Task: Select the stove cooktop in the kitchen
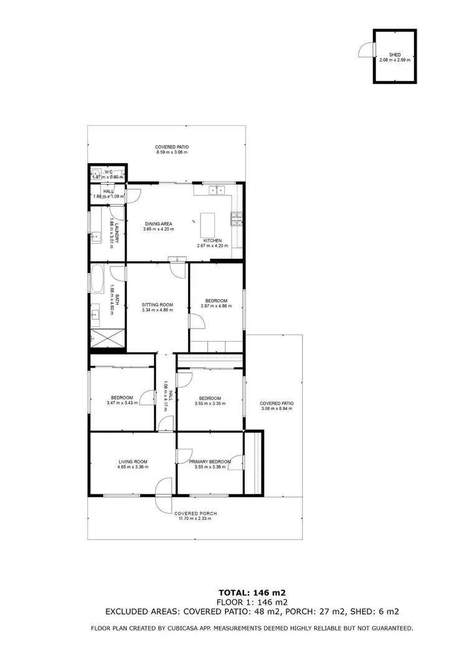(236, 218)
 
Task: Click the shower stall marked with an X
(107, 338)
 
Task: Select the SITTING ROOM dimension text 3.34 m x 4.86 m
(157, 310)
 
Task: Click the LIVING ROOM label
(131, 462)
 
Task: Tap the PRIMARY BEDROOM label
(209, 462)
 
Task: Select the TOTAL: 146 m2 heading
(252, 592)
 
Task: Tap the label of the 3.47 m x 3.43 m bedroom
(122, 397)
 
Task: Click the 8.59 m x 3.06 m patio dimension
(172, 152)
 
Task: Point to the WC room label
(108, 172)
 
